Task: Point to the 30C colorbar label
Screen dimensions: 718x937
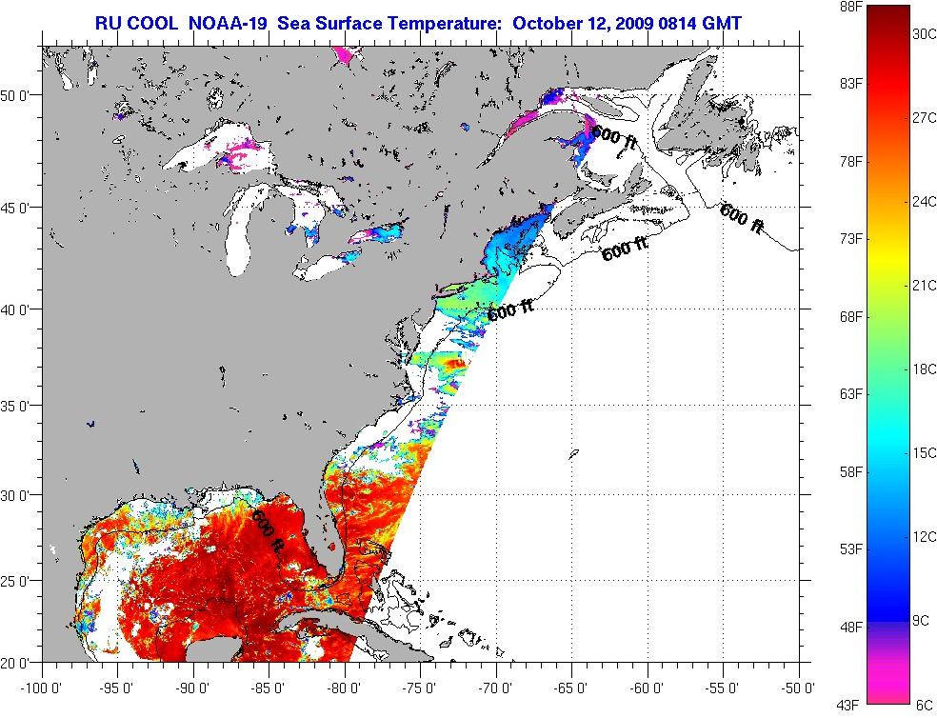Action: pyautogui.click(x=923, y=33)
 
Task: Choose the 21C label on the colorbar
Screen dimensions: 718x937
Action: pyautogui.click(x=923, y=285)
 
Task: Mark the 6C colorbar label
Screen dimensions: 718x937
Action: pyautogui.click(x=923, y=705)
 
